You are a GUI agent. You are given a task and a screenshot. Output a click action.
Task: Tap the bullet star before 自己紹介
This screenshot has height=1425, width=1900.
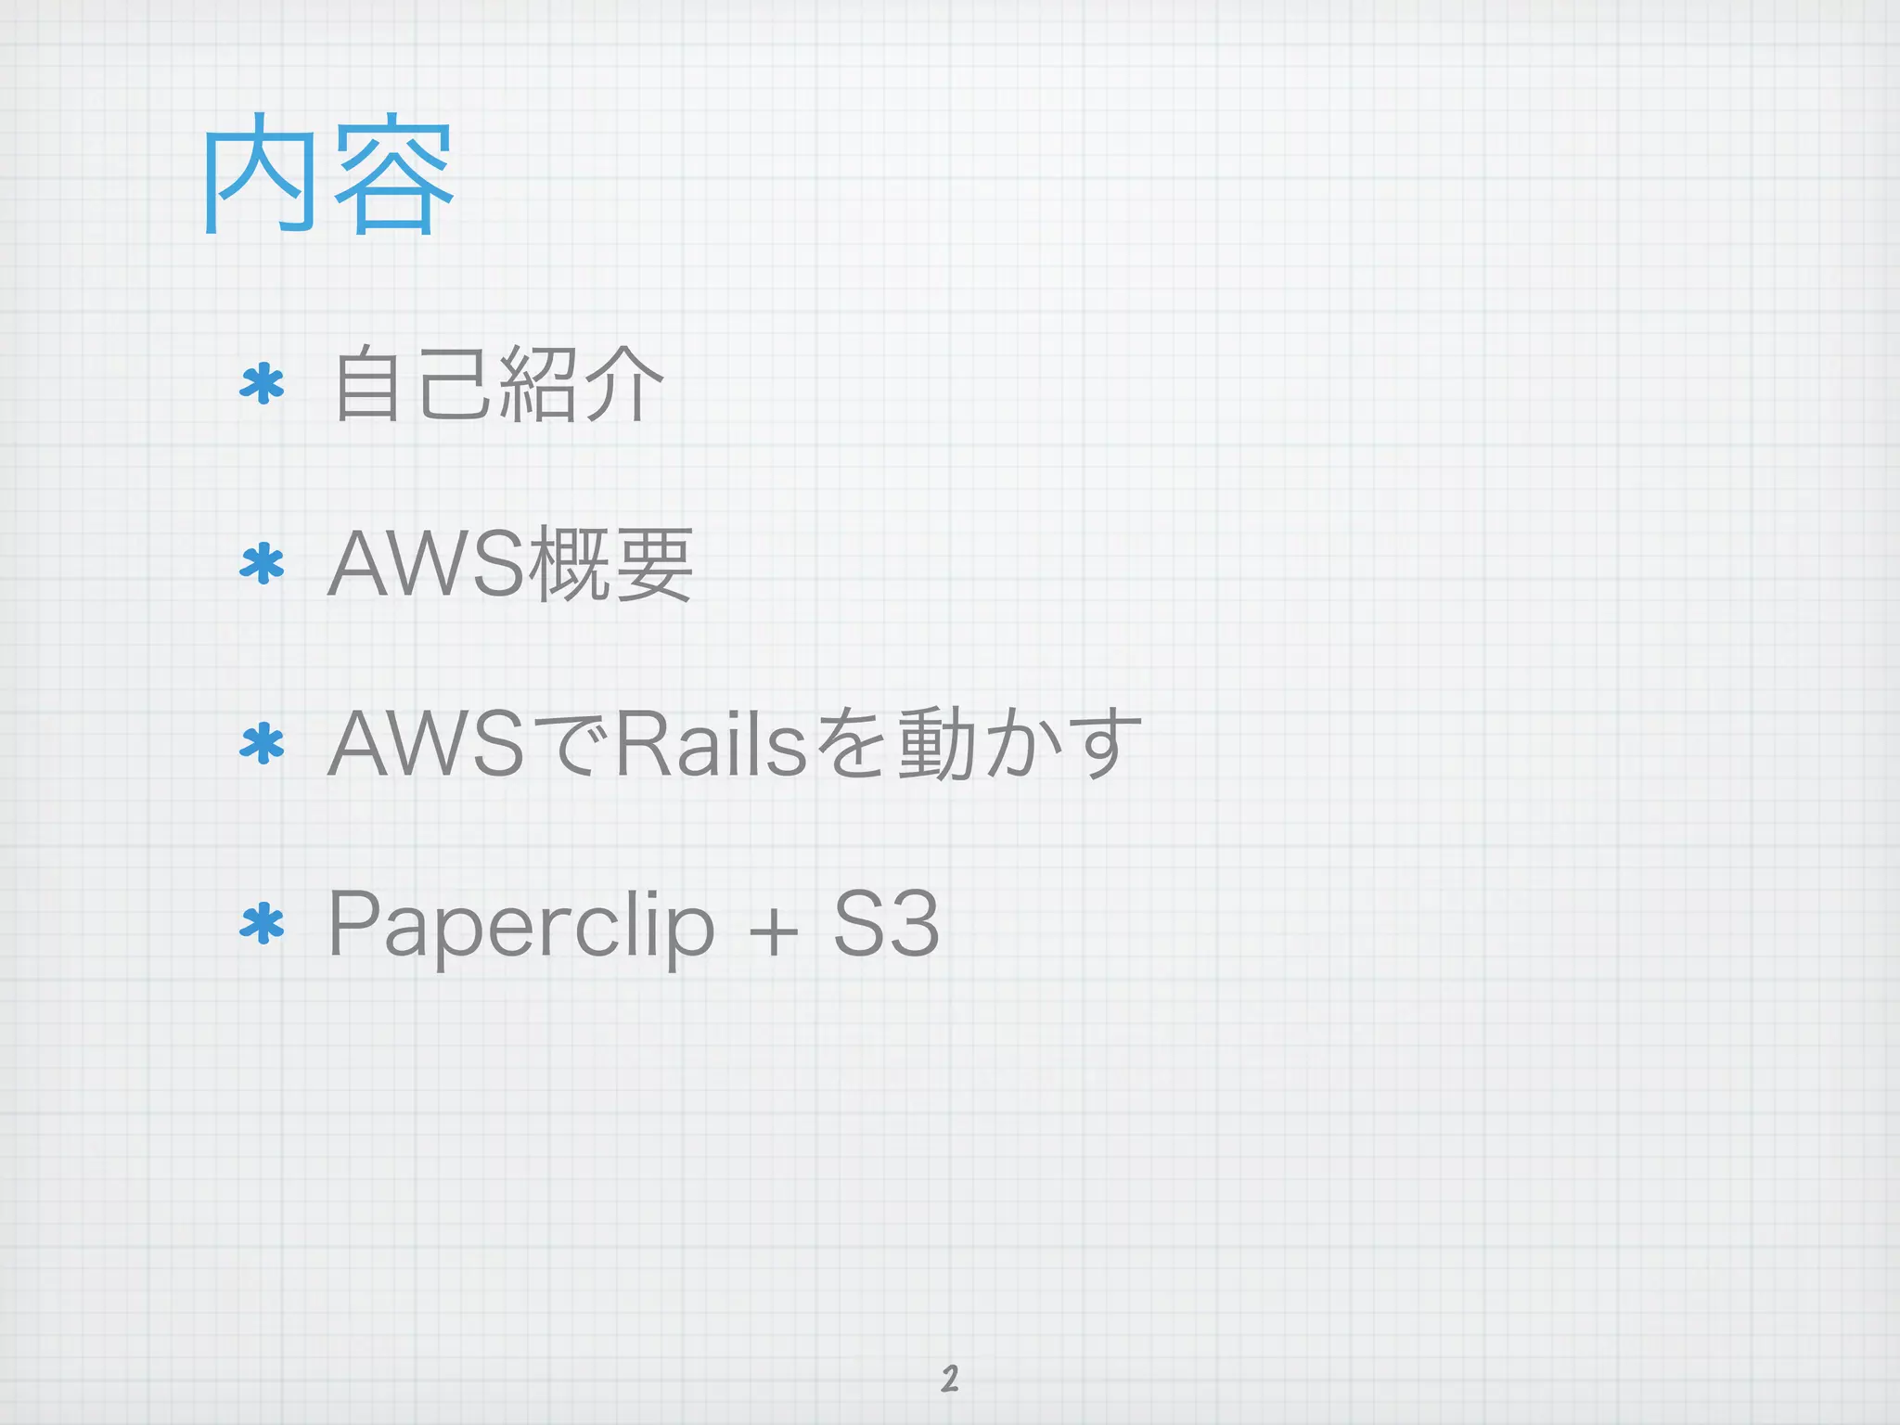click(x=262, y=384)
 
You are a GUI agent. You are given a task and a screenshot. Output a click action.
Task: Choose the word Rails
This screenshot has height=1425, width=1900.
click(x=710, y=743)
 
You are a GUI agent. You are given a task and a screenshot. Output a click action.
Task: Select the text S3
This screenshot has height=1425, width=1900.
click(x=886, y=924)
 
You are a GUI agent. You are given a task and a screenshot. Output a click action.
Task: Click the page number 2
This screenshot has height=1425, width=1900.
click(x=949, y=1379)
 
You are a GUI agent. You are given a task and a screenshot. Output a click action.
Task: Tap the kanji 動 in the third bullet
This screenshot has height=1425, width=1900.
click(x=937, y=743)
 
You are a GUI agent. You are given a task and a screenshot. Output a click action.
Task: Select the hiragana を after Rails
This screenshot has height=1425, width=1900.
click(x=853, y=743)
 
